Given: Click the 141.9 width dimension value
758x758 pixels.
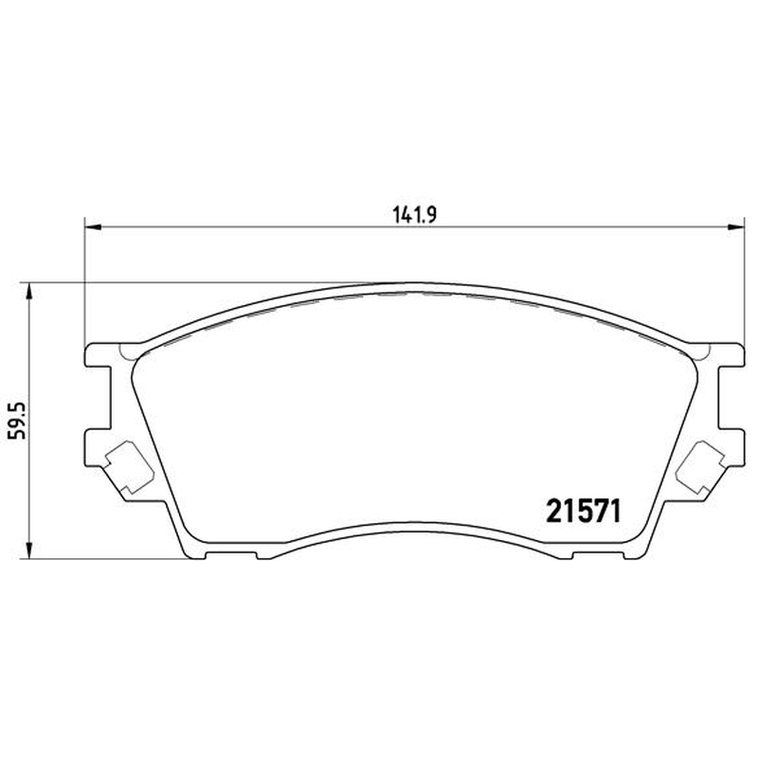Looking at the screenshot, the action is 414,214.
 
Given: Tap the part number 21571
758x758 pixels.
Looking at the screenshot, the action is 583,512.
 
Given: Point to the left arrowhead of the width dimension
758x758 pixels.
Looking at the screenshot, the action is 93,226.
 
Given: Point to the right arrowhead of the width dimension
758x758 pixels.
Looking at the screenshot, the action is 736,226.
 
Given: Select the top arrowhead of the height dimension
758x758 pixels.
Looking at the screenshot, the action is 30,292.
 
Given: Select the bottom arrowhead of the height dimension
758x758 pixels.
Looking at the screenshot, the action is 30,550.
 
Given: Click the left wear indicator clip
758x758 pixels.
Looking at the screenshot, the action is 130,467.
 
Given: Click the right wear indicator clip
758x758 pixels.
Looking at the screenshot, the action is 700,467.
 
